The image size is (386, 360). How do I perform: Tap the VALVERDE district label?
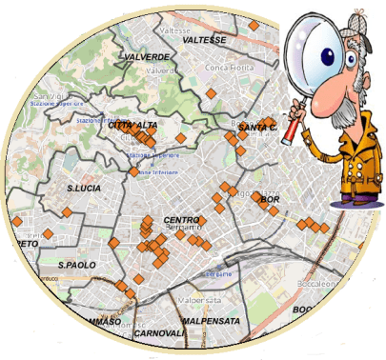(x=146, y=57)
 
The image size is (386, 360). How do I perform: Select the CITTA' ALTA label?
(x=133, y=125)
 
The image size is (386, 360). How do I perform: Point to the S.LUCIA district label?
(x=84, y=189)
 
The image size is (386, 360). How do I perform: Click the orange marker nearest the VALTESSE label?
(x=254, y=26)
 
